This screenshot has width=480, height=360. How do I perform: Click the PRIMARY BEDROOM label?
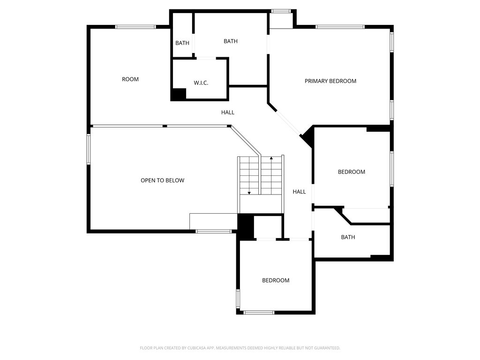click(x=330, y=81)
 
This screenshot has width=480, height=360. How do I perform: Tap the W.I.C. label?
click(x=201, y=83)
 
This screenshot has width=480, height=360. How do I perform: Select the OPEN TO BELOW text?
click(x=163, y=180)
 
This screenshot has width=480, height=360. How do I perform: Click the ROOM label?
click(x=130, y=79)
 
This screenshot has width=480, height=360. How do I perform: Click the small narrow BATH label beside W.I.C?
click(x=182, y=43)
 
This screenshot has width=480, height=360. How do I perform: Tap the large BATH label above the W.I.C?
click(x=231, y=41)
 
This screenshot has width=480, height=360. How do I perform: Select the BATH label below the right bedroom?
click(x=348, y=237)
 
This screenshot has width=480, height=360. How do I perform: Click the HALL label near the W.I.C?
click(x=228, y=112)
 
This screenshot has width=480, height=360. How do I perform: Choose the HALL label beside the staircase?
click(x=299, y=192)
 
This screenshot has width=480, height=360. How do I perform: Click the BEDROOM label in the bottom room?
click(x=276, y=280)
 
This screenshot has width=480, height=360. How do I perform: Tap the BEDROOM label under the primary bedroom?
click(x=352, y=172)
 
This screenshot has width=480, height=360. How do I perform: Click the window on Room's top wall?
click(x=135, y=27)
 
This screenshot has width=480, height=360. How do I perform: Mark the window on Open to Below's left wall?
click(x=89, y=149)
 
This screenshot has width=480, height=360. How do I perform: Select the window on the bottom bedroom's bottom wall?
click(x=259, y=313)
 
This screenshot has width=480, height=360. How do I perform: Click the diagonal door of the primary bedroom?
click(x=288, y=123)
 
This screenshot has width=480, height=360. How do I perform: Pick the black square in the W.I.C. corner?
click(x=178, y=94)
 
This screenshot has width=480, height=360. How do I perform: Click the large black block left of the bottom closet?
click(x=246, y=226)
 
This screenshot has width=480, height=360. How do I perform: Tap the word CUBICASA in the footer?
click(x=199, y=348)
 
